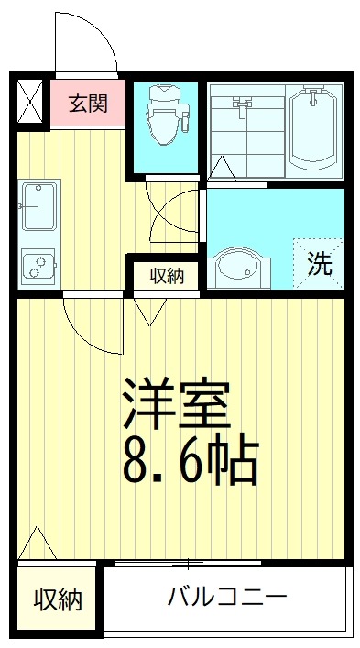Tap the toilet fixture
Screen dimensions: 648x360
click(166, 120)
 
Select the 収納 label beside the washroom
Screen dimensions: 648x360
click(168, 275)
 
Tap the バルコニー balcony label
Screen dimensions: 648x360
click(227, 598)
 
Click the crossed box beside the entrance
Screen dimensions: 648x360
click(30, 101)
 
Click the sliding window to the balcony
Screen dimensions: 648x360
click(188, 562)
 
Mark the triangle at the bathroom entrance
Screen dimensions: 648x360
click(222, 167)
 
